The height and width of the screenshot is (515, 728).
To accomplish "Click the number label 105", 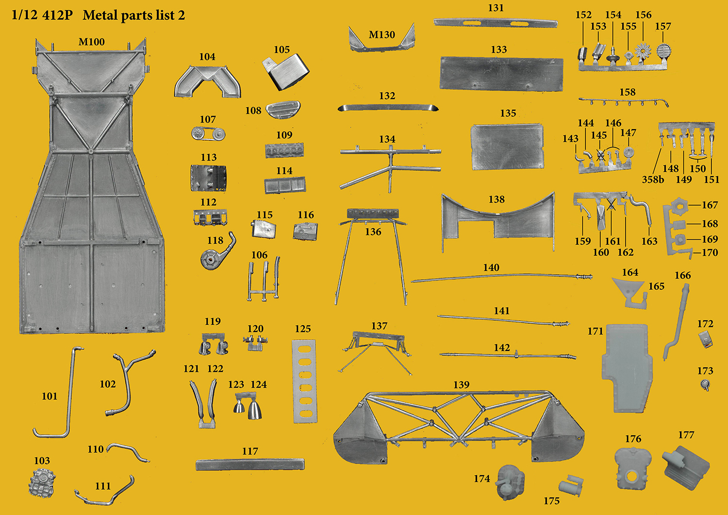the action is click(x=281, y=50).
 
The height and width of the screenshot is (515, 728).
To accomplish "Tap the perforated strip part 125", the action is click(x=305, y=382).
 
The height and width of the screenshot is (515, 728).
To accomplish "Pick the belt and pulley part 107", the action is click(x=208, y=133).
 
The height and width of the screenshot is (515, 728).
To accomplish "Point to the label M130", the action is click(x=381, y=35).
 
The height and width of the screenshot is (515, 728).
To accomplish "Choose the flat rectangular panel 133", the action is click(x=501, y=74).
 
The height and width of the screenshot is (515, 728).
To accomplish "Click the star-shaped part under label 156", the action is click(x=643, y=51).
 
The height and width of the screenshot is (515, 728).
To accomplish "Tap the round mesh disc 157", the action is click(x=663, y=51).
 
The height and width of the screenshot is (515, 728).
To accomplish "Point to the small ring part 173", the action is click(x=705, y=385).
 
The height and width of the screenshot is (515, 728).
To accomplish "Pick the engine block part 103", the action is click(x=42, y=483).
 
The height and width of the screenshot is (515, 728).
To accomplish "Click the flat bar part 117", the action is click(x=250, y=465).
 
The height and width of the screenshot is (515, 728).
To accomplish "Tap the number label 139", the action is click(x=462, y=384).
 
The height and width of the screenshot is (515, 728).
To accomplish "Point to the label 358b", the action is click(x=653, y=180).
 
